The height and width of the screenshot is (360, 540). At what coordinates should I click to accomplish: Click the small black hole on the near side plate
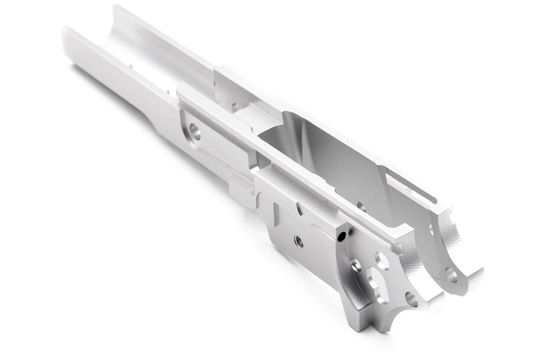pyautogui.click(x=343, y=237)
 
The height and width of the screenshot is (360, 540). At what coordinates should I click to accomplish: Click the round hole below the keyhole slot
pyautogui.click(x=411, y=298)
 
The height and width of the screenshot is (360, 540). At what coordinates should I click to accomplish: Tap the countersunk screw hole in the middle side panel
pyautogui.click(x=297, y=241)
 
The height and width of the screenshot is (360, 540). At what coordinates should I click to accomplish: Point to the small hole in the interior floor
pyautogui.click(x=359, y=204)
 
